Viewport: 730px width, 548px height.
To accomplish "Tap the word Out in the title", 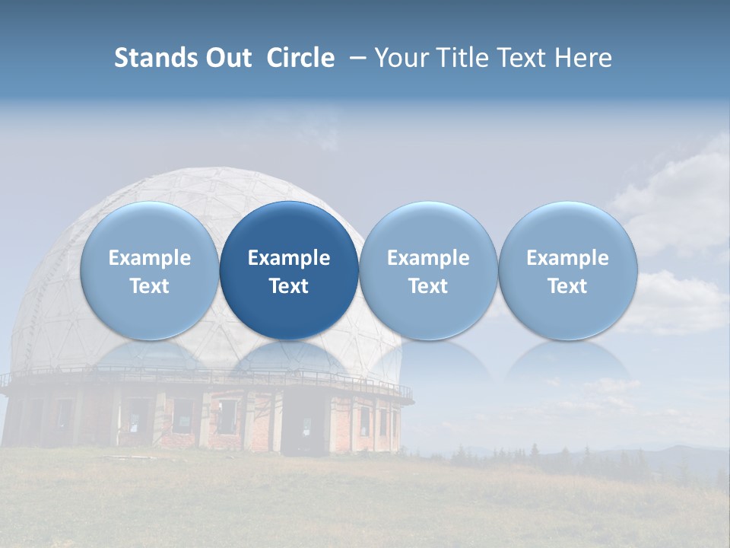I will tap(226, 58).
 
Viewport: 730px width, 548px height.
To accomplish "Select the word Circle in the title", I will tap(300, 58).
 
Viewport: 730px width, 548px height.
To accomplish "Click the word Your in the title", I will tap(401, 58).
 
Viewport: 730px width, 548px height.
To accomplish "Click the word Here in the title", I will tap(582, 58).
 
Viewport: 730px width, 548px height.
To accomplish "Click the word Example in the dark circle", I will tap(289, 258).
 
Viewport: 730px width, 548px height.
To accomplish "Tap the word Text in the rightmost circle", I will tap(567, 286).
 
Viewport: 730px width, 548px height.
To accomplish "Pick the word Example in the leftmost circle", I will tap(149, 258).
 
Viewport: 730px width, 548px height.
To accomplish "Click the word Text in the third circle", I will tap(428, 286).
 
